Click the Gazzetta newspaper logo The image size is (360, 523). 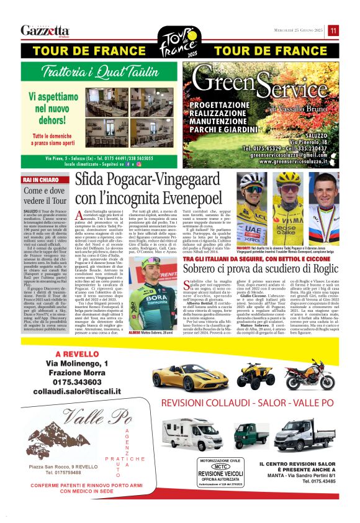tap(45, 30)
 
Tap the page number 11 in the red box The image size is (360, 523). tap(333, 30)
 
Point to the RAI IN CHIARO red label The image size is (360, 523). tap(40, 180)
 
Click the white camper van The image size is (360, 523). tap(192, 434)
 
